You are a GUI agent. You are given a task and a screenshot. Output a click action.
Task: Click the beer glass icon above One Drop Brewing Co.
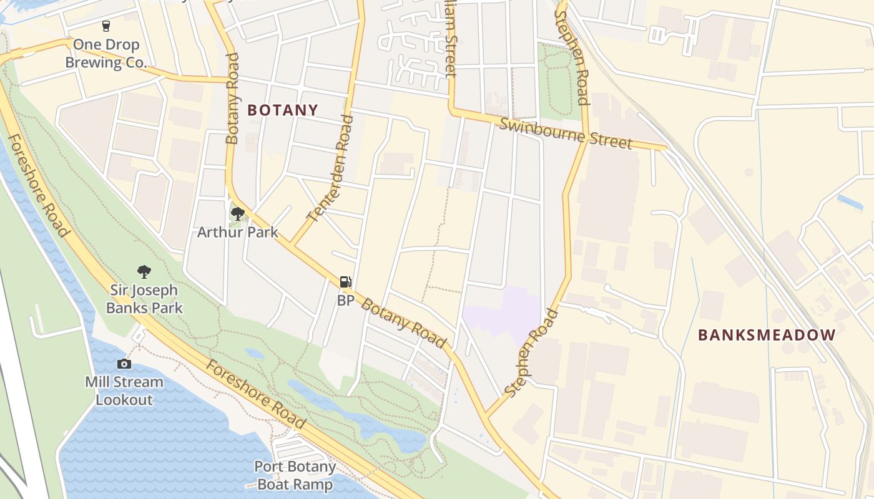106,26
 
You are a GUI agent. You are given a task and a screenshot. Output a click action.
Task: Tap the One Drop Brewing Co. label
106,54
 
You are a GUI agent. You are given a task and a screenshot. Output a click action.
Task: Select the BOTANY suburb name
283,110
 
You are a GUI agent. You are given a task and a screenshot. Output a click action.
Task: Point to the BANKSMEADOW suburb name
766,335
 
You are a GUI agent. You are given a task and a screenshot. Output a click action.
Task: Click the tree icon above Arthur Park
237,215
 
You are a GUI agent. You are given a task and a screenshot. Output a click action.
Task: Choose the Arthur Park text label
237,233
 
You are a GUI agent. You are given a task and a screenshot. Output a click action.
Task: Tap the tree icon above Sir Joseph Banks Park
144,272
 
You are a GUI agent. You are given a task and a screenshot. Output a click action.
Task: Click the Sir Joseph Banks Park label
144,299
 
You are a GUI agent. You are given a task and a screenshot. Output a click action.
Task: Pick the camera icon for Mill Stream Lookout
124,364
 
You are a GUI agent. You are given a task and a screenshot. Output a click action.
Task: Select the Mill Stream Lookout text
124,390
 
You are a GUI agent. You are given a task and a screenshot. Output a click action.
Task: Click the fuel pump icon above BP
345,282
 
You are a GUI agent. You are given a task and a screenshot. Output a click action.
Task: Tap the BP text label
345,301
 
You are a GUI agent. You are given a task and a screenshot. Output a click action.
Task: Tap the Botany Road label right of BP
404,323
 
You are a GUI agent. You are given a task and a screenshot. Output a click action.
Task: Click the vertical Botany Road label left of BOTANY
232,99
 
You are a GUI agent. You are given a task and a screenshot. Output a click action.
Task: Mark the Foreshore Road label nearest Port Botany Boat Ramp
256,394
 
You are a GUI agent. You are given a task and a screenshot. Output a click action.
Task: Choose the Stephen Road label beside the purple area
531,352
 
